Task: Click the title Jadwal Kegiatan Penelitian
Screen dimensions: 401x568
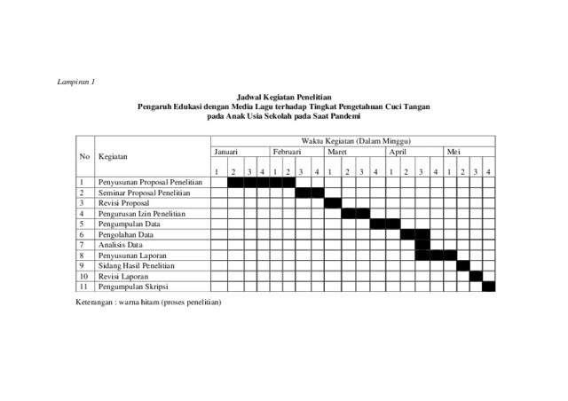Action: point(283,96)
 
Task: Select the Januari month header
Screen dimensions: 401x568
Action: point(226,152)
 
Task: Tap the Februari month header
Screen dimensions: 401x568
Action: point(287,152)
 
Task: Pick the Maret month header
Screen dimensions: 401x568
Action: point(337,152)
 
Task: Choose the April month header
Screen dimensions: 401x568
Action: point(397,152)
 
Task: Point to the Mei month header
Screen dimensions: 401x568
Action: point(454,152)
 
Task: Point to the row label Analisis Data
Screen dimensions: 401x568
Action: point(122,244)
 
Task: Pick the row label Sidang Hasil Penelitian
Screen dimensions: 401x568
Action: point(138,265)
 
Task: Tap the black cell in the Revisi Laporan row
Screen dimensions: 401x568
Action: point(476,276)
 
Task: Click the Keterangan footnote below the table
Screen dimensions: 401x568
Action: point(149,303)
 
